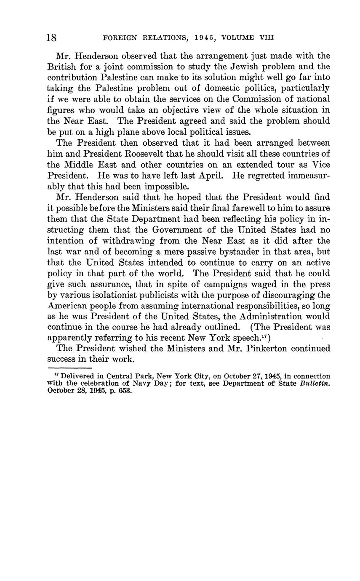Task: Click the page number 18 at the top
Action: (51, 37)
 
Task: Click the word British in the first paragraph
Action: (61, 67)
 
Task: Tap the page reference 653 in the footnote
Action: (125, 390)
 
